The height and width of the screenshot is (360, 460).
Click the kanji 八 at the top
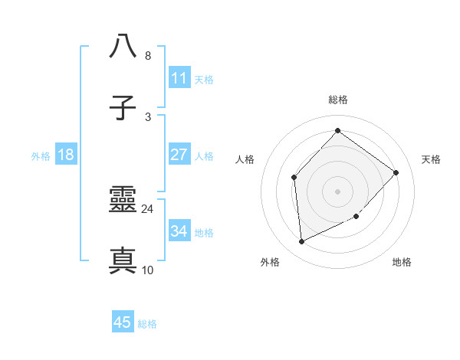point(123,47)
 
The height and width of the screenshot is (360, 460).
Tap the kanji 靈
point(123,201)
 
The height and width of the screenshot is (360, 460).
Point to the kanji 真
point(123,261)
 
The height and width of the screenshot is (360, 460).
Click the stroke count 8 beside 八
point(147,56)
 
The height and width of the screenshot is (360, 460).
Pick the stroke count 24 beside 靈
point(147,208)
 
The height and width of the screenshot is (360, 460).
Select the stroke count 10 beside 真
point(147,270)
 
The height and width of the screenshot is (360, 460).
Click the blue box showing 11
point(179,78)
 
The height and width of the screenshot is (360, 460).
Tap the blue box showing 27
point(179,155)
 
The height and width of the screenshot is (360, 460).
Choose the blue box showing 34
point(179,231)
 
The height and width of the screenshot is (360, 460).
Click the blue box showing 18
point(66,155)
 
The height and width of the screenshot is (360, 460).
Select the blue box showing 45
point(123,322)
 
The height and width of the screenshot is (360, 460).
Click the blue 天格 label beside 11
point(204,79)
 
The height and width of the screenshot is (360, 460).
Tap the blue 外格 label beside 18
point(41,155)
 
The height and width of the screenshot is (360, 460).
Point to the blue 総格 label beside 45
point(147,323)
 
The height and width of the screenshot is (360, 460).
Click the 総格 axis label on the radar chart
point(337,100)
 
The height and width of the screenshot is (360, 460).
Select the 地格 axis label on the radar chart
point(402,262)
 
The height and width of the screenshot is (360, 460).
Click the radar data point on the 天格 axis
point(396,172)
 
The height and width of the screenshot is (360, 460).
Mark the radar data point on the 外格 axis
point(301,241)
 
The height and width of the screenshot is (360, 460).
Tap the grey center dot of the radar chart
point(337,191)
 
